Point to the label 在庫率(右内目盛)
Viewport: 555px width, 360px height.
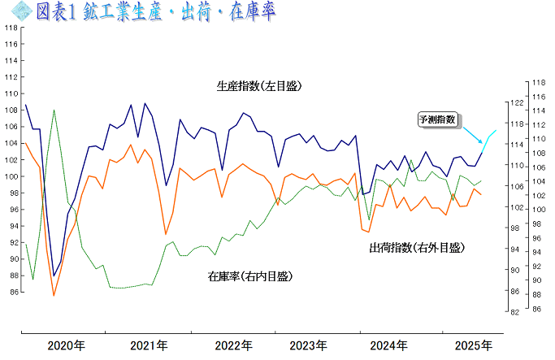(249, 276)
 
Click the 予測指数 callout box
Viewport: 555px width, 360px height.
(437, 119)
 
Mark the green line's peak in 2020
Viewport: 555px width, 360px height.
(54, 110)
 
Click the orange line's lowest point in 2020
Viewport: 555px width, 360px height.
(54, 295)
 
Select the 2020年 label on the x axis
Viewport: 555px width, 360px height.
(65, 345)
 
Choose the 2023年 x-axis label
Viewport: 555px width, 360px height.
(309, 345)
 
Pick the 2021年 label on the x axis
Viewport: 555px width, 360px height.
(149, 345)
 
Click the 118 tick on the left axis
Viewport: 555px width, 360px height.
(10, 27)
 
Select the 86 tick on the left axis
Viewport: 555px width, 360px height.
(10, 292)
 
